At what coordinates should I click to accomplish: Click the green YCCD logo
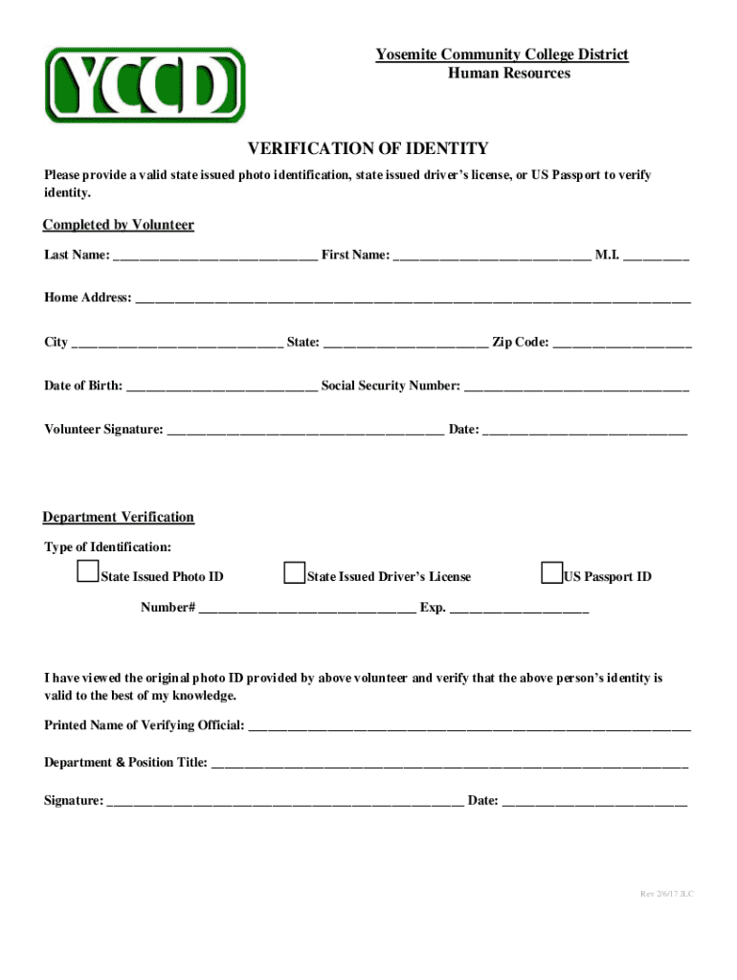point(145,85)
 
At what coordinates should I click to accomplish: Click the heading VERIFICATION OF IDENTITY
point(368,148)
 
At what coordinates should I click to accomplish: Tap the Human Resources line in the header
point(509,73)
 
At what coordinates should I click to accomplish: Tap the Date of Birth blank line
point(221,388)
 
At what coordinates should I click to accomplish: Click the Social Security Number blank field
point(576,388)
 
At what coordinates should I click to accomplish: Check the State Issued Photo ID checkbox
point(87,573)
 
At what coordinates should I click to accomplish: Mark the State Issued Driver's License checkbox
point(294,573)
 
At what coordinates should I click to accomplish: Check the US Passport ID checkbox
point(551,573)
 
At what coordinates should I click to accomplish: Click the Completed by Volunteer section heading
point(119,225)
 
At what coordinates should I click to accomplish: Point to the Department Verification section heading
point(119,517)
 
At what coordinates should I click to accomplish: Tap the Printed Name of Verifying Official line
point(469,726)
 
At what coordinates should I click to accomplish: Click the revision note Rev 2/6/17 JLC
point(667,894)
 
